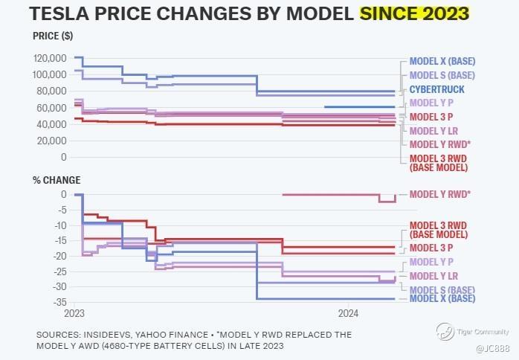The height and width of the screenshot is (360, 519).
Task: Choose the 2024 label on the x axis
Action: (349, 313)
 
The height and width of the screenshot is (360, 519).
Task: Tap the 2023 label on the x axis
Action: (74, 313)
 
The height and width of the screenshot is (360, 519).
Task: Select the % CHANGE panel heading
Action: (57, 180)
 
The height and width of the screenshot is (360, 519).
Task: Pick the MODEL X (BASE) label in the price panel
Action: (442, 61)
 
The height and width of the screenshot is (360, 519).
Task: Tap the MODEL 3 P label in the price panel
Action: (431, 117)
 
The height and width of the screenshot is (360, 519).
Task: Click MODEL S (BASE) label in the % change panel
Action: (442, 290)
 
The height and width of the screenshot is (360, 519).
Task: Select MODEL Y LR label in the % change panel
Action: (434, 276)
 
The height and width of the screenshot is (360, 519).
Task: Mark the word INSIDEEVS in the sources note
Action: (108, 335)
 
